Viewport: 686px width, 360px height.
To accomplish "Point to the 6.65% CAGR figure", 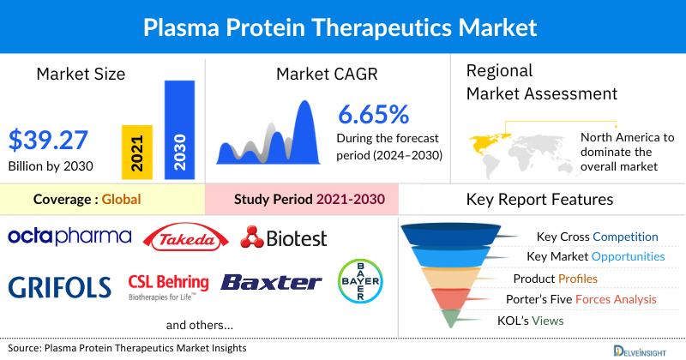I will point(373,115).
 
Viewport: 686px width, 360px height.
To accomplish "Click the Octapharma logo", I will point(69,236).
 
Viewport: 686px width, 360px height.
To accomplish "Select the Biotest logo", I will point(284,237).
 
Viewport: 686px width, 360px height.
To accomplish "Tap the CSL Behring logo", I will point(168,285).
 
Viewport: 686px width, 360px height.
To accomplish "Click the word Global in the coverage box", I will point(121,200).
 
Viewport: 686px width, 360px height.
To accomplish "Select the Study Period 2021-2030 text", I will point(309,200).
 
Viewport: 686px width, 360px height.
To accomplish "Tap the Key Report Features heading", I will point(539,200).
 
